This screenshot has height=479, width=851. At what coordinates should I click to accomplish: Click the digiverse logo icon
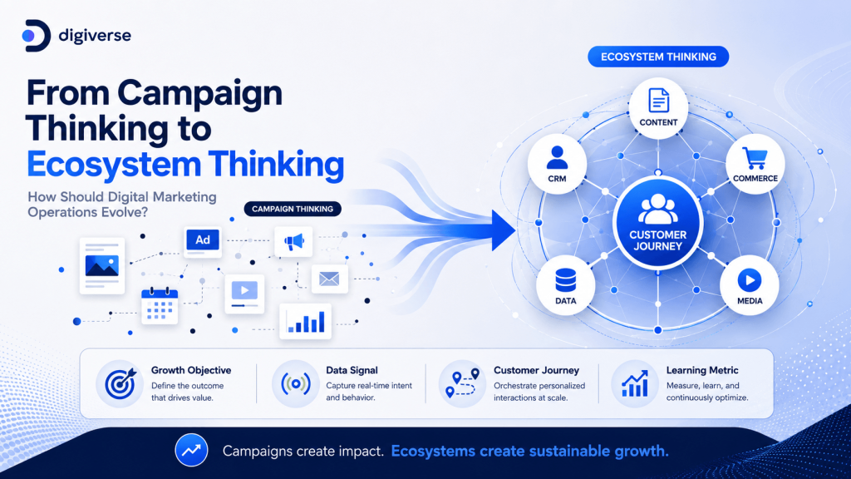37,36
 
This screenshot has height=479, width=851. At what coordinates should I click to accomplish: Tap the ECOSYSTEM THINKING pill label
658,57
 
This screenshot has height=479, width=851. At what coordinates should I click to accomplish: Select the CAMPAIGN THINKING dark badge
293,209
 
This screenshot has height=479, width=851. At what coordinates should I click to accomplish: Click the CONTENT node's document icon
658,101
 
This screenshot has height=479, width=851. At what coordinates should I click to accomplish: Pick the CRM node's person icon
557,158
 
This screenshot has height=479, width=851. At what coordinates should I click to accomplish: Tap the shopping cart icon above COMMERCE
755,158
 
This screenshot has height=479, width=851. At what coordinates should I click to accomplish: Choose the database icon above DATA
565,280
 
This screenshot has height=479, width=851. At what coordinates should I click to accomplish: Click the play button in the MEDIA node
750,280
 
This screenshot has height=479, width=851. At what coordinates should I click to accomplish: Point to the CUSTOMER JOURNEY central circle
658,224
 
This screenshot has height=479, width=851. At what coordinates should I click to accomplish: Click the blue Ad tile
203,240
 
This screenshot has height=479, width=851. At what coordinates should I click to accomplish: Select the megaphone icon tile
293,242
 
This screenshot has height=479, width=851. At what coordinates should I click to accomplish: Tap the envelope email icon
329,279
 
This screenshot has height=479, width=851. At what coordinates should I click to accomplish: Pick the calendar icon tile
160,306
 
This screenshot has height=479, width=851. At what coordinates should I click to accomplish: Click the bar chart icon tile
306,322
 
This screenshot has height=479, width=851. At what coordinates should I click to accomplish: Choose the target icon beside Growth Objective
120,383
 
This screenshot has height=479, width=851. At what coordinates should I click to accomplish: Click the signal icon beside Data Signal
296,383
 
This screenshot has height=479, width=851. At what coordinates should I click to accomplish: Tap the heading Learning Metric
702,370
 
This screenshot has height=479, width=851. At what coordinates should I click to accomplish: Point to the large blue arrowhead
502,231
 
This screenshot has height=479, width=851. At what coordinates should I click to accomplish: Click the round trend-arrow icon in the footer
191,450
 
